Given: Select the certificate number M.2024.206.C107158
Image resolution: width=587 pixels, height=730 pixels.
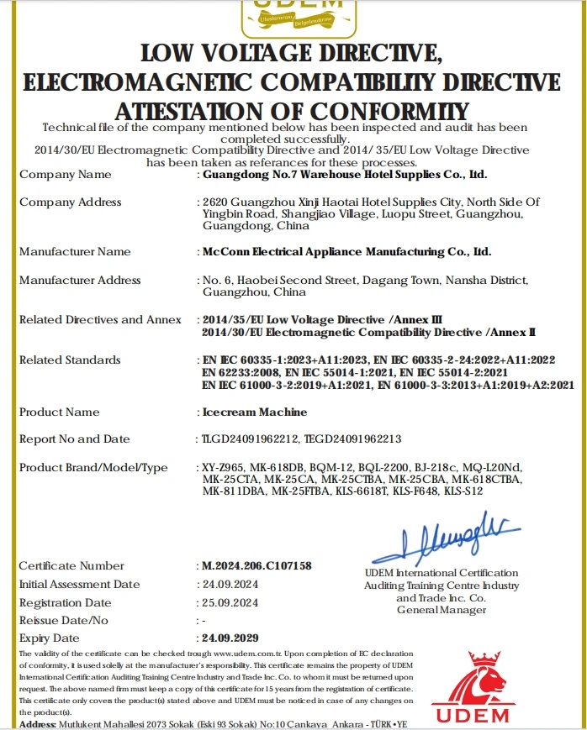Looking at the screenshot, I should coord(256,565).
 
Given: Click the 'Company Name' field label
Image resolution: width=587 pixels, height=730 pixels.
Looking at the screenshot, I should coord(65,175).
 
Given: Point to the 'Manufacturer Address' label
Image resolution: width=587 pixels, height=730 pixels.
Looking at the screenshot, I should coord(80,280).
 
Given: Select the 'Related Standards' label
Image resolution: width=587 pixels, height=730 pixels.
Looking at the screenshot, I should coord(70,360).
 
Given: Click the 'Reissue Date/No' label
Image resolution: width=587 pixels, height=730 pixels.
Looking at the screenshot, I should coord(64,620).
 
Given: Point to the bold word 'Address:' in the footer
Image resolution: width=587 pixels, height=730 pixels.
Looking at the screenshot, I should coord(37,724).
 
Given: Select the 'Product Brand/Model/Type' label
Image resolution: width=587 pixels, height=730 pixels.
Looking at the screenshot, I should coord(93,467).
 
